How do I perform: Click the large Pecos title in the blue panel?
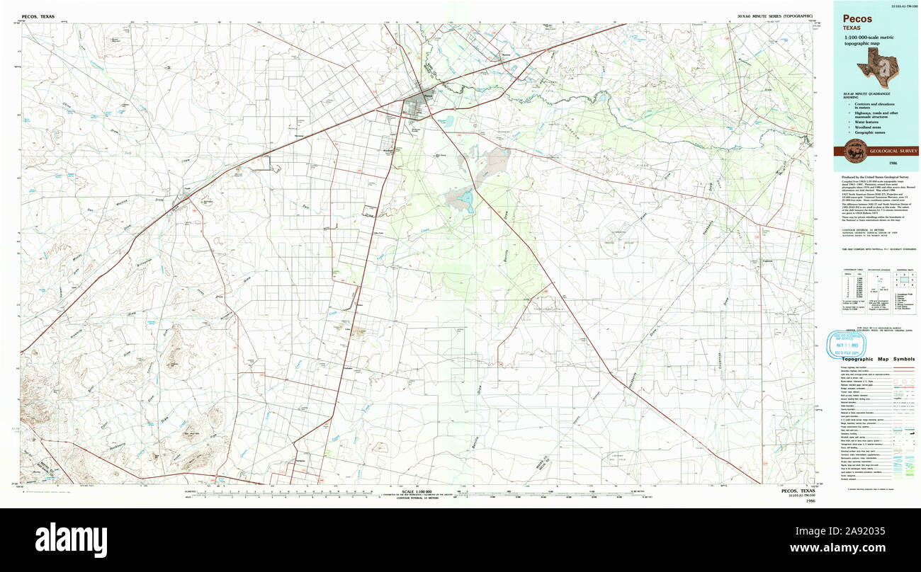pos(857,19)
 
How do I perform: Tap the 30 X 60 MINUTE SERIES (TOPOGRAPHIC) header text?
pos(772,16)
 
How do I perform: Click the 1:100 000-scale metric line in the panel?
pos(873,37)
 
